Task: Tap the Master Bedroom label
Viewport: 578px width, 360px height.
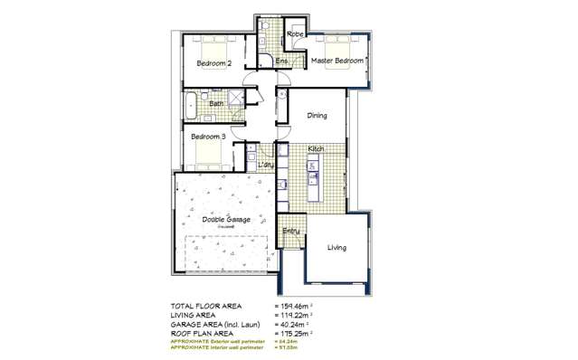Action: pyautogui.click(x=336, y=61)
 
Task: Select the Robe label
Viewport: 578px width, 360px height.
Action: pyautogui.click(x=295, y=34)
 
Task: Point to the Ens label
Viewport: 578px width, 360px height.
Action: pyautogui.click(x=281, y=61)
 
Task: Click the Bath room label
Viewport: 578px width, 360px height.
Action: pyautogui.click(x=216, y=104)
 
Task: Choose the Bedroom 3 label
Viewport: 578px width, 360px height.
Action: pyautogui.click(x=208, y=136)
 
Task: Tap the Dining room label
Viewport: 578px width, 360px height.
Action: pyautogui.click(x=317, y=116)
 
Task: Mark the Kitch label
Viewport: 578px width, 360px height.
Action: pyautogui.click(x=316, y=148)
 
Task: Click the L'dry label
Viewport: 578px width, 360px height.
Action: pyautogui.click(x=266, y=165)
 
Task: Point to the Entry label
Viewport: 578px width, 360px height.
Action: pyautogui.click(x=290, y=231)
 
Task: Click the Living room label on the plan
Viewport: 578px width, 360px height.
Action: pyautogui.click(x=336, y=248)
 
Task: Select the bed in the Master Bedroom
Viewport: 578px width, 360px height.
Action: pyautogui.click(x=337, y=44)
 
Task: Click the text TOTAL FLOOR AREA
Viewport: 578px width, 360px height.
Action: pyautogui.click(x=207, y=306)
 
